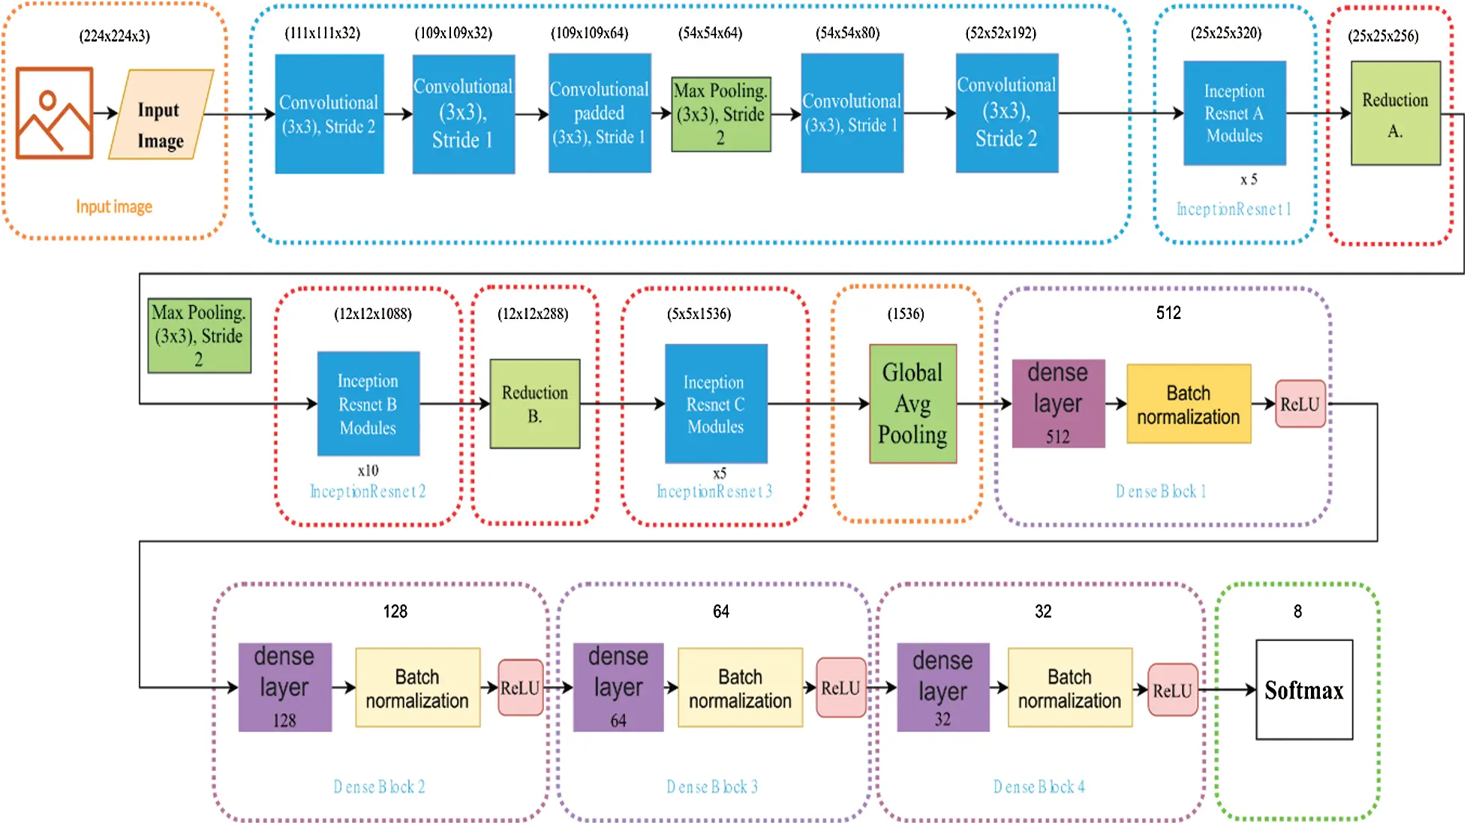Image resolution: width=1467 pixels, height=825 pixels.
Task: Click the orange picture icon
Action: pyautogui.click(x=55, y=113)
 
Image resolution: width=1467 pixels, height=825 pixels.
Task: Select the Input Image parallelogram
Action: pyautogui.click(x=161, y=114)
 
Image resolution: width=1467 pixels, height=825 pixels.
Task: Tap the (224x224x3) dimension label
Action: pyautogui.click(x=115, y=36)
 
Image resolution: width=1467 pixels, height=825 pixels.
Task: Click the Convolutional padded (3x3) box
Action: pyautogui.click(x=600, y=113)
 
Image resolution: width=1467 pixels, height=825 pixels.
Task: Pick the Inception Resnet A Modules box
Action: pyautogui.click(x=1234, y=113)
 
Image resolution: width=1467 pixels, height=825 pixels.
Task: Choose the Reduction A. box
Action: pyautogui.click(x=1396, y=113)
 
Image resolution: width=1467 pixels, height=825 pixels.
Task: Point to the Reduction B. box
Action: pyautogui.click(x=535, y=404)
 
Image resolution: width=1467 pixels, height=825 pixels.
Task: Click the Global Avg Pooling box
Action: pyautogui.click(x=912, y=404)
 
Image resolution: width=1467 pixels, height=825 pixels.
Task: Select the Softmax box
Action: pyautogui.click(x=1304, y=690)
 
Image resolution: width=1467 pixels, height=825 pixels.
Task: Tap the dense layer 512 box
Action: pyautogui.click(x=1058, y=404)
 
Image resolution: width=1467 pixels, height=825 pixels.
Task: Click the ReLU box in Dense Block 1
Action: pyautogui.click(x=1300, y=404)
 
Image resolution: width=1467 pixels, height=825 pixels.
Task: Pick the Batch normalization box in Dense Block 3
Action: pyautogui.click(x=740, y=688)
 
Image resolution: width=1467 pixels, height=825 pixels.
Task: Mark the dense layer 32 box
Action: pyautogui.click(x=943, y=688)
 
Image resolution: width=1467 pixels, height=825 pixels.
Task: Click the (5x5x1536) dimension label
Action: pyautogui.click(x=699, y=314)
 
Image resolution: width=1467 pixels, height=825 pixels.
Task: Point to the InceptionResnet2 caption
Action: pyautogui.click(x=368, y=492)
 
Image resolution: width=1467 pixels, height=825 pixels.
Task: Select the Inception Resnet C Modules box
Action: pyautogui.click(x=716, y=404)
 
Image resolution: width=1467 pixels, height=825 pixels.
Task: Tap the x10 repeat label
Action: pyautogui.click(x=368, y=471)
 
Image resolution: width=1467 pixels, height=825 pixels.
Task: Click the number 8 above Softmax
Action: pyautogui.click(x=1297, y=612)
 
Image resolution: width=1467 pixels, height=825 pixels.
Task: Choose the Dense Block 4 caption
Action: pyautogui.click(x=1039, y=787)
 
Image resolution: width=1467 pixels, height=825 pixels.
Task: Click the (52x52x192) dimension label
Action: pyautogui.click(x=1001, y=33)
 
